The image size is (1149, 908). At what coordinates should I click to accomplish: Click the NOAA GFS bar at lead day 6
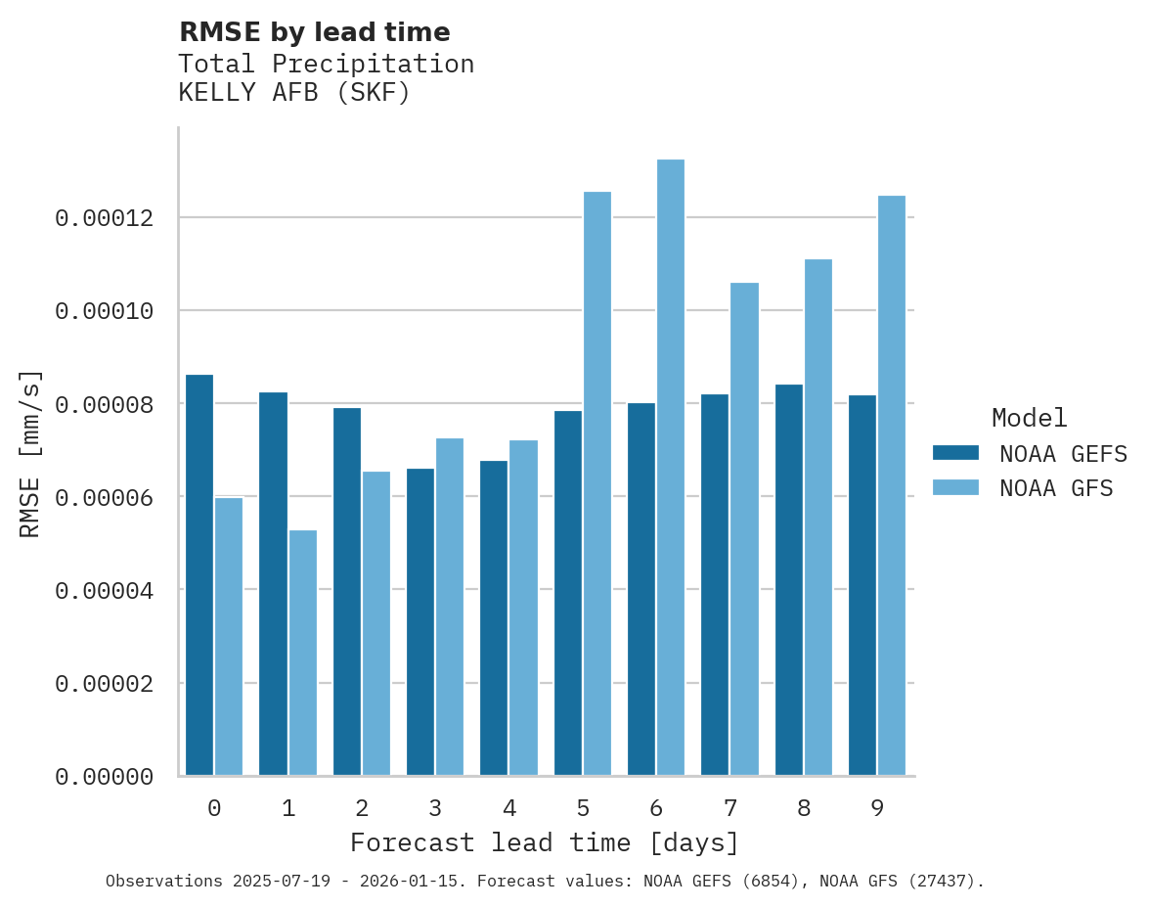[x=671, y=468]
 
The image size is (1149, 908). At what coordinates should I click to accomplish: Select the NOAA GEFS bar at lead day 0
[x=199, y=575]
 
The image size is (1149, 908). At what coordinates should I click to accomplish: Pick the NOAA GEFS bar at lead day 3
[x=420, y=622]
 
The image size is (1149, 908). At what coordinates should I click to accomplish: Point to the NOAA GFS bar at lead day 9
[x=892, y=485]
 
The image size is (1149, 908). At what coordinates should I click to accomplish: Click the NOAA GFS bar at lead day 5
[x=597, y=483]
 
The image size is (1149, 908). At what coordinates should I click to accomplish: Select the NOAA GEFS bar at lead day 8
[x=789, y=580]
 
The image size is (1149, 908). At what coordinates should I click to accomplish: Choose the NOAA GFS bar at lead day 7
[x=744, y=529]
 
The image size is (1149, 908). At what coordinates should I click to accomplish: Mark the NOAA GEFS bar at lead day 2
[x=347, y=592]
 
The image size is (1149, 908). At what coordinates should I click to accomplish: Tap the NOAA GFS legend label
[x=1056, y=487]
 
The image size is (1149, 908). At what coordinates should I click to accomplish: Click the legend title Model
[x=1029, y=418]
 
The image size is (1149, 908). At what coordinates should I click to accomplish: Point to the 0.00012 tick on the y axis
[x=105, y=217]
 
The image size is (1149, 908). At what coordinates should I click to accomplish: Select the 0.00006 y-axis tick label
[x=105, y=497]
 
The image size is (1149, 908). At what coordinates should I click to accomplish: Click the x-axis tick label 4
[x=509, y=808]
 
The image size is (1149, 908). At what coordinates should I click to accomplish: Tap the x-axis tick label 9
[x=877, y=808]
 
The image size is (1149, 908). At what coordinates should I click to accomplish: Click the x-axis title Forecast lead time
[x=545, y=842]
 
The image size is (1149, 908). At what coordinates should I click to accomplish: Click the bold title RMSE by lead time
[x=315, y=32]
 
